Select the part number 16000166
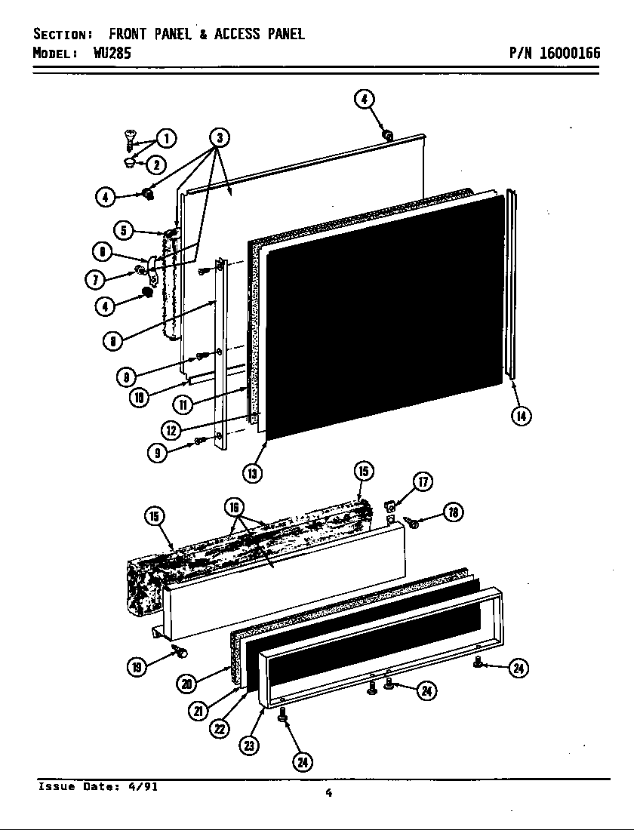coord(569,54)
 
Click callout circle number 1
coord(166,138)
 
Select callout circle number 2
coord(156,164)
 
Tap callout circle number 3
coord(219,137)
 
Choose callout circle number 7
coord(95,280)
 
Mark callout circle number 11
coord(183,404)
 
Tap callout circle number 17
coord(423,482)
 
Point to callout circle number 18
coord(453,513)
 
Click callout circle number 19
coord(137,667)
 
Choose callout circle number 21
coord(198,711)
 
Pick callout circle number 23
coord(249,745)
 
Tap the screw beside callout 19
coord(180,650)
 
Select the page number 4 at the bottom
coord(328,792)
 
